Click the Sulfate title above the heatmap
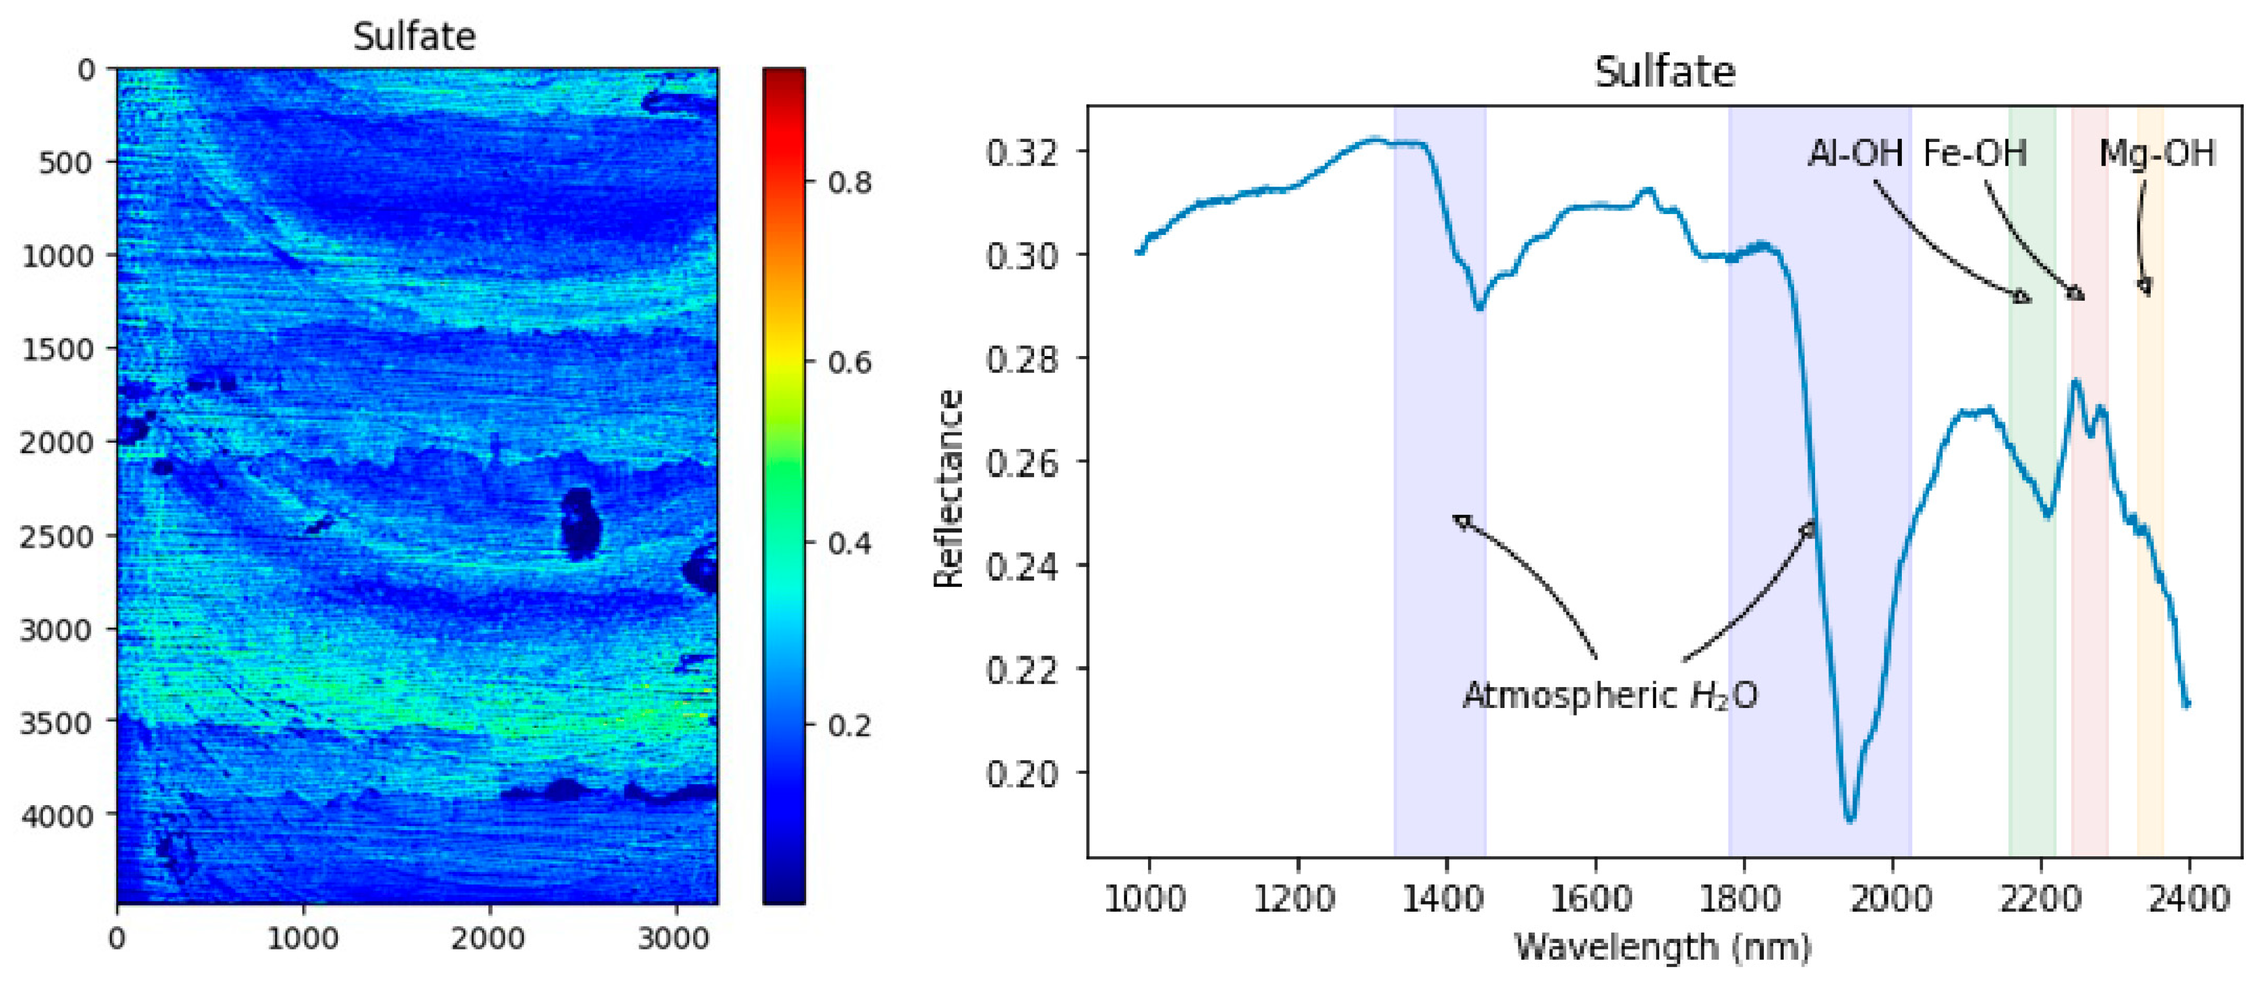[414, 37]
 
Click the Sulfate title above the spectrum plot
[1664, 72]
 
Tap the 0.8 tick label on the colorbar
[849, 183]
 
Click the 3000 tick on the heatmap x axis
[673, 938]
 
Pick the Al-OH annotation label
[1855, 154]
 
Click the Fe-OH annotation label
[1974, 154]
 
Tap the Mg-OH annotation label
[2156, 154]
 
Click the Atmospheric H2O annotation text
[1609, 696]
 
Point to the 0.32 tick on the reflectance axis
[1021, 152]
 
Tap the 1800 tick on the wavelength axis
[1742, 899]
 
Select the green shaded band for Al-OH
[2032, 658]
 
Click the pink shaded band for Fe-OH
[2090, 658]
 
